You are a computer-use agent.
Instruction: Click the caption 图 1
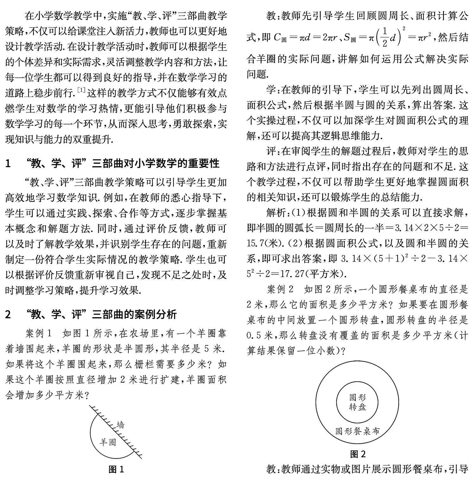click(116, 469)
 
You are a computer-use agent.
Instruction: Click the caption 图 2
click(358, 454)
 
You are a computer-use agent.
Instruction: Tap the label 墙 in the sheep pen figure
click(120, 425)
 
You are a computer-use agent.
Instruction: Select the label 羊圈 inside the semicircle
click(108, 442)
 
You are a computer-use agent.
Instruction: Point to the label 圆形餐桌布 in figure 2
click(358, 431)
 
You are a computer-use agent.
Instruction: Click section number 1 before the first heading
click(8, 163)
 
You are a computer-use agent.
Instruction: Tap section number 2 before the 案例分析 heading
click(8, 314)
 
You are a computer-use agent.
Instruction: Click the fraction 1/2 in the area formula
click(384, 38)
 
